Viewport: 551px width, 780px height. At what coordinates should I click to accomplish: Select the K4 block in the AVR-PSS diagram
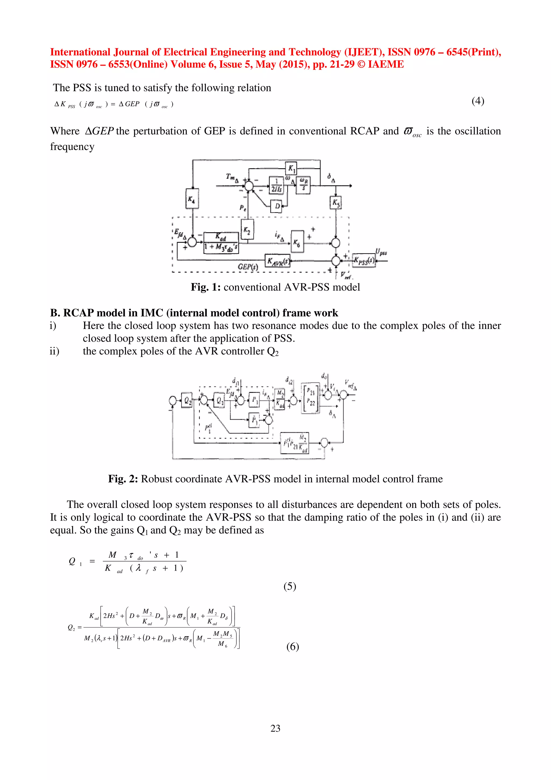coord(192,199)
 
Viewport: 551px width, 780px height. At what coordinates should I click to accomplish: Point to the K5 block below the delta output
coord(335,203)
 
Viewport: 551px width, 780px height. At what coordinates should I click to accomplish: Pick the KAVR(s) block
coord(278,261)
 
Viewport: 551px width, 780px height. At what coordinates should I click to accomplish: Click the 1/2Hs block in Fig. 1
coord(276,185)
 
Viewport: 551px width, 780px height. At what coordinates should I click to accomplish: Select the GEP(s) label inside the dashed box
coord(248,267)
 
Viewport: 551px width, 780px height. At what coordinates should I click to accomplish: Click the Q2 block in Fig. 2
coord(187,401)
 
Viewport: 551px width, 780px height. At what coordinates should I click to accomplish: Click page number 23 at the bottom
coord(275,728)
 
